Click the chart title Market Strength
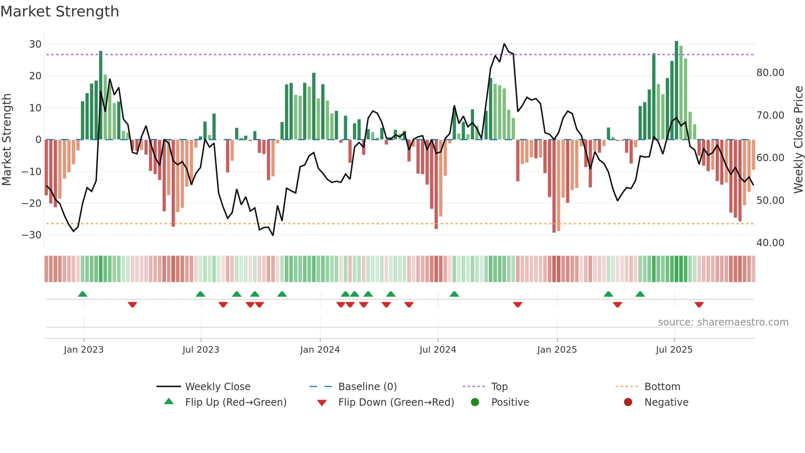tap(60, 12)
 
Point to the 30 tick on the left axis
tap(35, 44)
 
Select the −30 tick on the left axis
tap(32, 235)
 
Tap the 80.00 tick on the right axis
tap(770, 73)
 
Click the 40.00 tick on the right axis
tap(770, 243)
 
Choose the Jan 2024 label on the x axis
tap(320, 350)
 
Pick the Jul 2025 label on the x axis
tap(674, 350)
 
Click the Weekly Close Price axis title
tap(798, 140)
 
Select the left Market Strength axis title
tap(7, 140)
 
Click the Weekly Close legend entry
tap(217, 387)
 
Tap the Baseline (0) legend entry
tap(367, 387)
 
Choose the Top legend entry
tap(499, 387)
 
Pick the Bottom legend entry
tap(662, 387)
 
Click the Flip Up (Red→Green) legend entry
tap(235, 402)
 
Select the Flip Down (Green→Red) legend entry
tap(396, 402)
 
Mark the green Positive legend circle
tap(475, 402)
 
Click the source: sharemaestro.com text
tap(723, 322)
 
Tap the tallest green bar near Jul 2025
tap(676, 90)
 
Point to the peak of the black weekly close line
tap(504, 44)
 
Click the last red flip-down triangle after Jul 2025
tap(699, 305)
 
